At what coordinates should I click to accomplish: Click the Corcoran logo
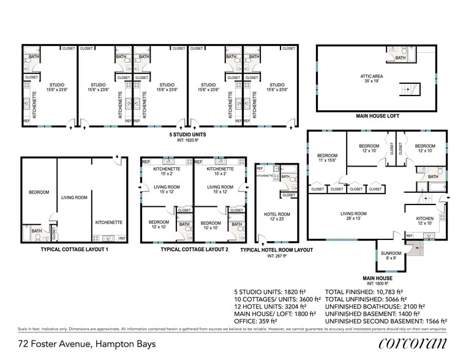[413, 343]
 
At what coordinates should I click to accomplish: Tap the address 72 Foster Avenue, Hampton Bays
[86, 344]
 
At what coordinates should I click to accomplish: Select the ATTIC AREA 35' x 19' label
[372, 78]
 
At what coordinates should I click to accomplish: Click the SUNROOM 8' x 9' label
[391, 256]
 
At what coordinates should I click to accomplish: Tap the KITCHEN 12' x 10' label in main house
[425, 221]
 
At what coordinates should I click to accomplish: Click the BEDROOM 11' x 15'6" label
[327, 158]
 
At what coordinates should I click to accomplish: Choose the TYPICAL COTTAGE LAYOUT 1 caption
[74, 250]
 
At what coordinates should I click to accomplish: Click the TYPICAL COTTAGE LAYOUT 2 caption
[194, 250]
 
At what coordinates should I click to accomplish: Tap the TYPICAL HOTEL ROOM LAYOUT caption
[276, 250]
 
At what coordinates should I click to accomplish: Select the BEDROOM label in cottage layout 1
[39, 192]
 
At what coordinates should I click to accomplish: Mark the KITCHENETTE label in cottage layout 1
[109, 222]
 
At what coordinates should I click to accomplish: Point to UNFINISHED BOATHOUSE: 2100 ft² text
[383, 306]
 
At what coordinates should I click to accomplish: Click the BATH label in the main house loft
[400, 58]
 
